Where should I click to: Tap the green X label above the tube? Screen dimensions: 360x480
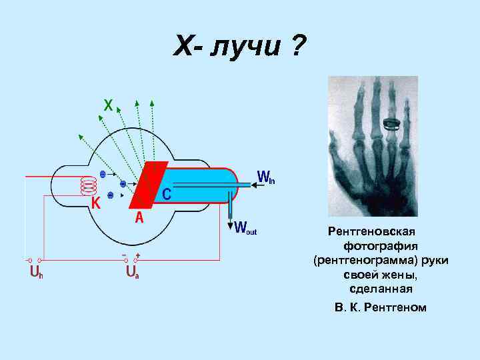pyautogui.click(x=108, y=105)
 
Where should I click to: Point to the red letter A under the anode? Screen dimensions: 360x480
pyautogui.click(x=139, y=217)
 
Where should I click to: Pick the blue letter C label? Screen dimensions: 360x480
pyautogui.click(x=167, y=193)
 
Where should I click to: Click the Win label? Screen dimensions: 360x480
pyautogui.click(x=266, y=178)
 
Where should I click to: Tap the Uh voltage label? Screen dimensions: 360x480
pyautogui.click(x=35, y=273)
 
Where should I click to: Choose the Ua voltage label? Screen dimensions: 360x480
pyautogui.click(x=131, y=273)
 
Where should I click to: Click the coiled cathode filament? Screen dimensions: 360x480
pyautogui.click(x=88, y=185)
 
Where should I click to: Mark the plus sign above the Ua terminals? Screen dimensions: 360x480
pyautogui.click(x=137, y=255)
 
